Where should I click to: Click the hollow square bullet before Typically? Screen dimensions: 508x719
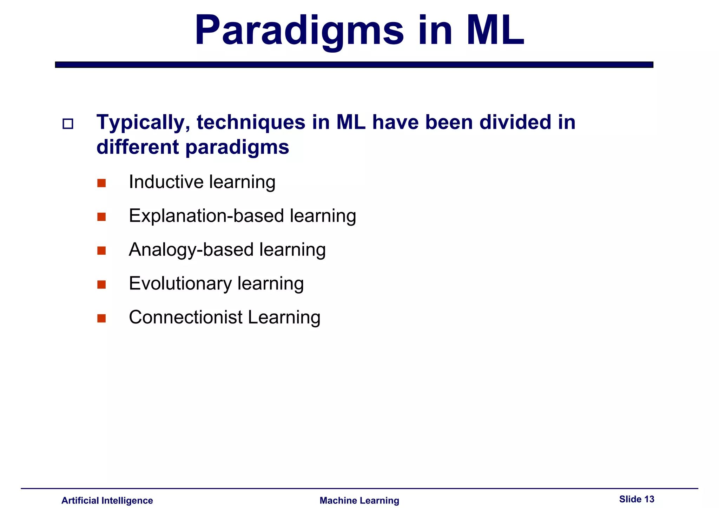[x=68, y=124]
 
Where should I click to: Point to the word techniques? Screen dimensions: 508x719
[x=251, y=123]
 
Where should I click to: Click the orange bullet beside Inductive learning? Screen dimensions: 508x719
[x=101, y=183]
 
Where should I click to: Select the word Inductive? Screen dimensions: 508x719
[x=166, y=182]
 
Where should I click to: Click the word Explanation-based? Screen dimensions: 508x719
[x=206, y=216]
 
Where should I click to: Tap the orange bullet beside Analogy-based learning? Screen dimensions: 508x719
[x=101, y=250]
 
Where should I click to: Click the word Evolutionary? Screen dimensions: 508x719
[x=180, y=283]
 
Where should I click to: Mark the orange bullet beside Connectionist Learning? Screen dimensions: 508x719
[x=101, y=318]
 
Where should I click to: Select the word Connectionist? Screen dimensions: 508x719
[x=185, y=317]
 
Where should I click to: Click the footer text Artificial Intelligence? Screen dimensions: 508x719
[x=107, y=500]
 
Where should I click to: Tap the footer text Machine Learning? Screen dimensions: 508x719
[x=359, y=500]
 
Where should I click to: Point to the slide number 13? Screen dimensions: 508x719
[x=649, y=499]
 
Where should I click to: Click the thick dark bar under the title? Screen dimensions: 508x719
[x=354, y=65]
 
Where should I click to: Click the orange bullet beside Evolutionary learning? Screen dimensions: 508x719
[x=101, y=285]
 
